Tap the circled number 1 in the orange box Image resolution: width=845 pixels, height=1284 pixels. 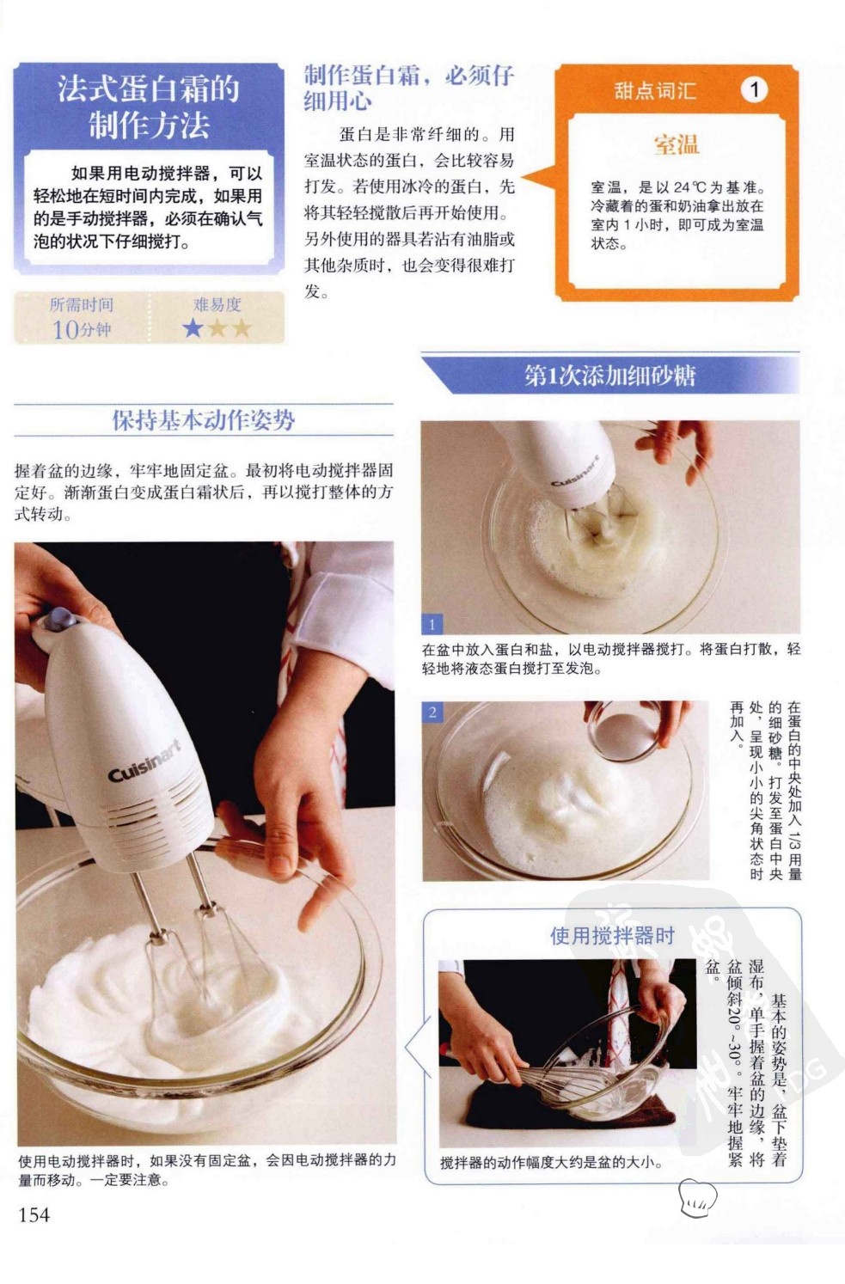[754, 89]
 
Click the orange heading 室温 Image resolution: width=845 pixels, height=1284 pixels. [677, 144]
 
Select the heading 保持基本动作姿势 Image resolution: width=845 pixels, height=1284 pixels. [204, 420]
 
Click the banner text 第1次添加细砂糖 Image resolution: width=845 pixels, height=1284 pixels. [609, 376]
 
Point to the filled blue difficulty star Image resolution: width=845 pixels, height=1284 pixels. [193, 328]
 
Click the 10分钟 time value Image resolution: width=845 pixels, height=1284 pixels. [81, 330]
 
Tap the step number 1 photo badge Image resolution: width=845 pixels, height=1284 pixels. [432, 624]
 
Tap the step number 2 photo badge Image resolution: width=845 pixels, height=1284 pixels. [433, 712]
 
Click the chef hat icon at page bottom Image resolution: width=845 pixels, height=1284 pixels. [698, 1197]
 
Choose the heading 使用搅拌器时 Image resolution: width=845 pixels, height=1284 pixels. [612, 935]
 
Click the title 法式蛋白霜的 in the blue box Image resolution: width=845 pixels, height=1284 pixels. [149, 89]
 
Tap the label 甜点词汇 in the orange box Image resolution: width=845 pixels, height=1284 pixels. [655, 90]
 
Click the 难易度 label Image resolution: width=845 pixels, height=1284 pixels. [217, 304]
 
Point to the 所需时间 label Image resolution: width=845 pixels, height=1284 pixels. [81, 304]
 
